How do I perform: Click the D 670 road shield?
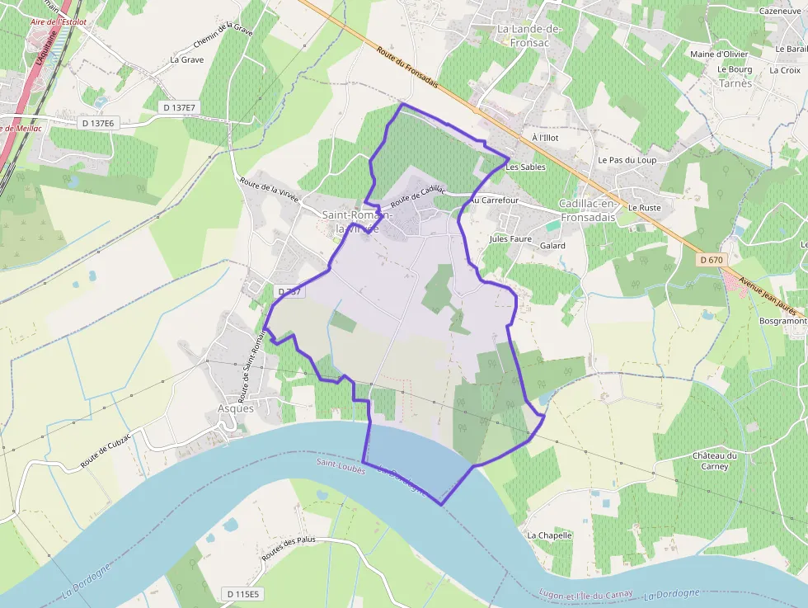(710, 260)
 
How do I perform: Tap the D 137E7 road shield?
(179, 107)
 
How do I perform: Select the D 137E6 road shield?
(98, 123)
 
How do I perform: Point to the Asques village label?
(236, 408)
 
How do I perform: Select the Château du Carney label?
(715, 460)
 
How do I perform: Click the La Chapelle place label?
(549, 535)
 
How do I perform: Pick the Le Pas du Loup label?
(627, 160)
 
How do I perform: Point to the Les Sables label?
(525, 167)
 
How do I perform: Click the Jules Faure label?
(510, 239)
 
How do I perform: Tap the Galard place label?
(552, 246)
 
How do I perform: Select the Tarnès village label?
(735, 83)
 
